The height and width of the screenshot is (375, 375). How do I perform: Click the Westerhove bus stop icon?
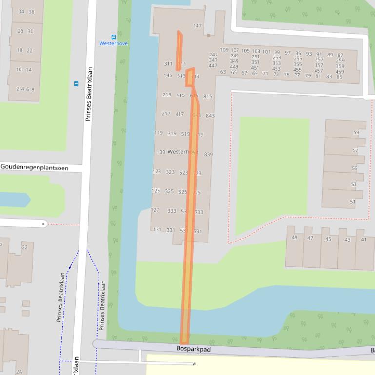coord(114,37)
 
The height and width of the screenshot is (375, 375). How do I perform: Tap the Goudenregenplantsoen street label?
coord(35,167)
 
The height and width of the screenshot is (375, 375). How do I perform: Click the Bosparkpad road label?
coord(193,349)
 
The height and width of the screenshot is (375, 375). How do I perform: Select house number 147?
coord(197,26)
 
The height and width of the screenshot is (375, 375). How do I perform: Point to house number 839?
coord(208,154)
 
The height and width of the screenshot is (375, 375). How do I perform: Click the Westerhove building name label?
coord(182,152)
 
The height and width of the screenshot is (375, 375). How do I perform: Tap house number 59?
coord(356,132)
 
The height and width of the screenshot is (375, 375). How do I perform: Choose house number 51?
coord(353,202)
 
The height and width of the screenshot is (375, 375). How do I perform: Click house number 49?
coord(295,238)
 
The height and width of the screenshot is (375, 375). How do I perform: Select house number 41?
coord(364,239)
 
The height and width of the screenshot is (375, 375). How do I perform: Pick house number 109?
coord(224,50)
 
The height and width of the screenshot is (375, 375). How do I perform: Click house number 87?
coord(340,56)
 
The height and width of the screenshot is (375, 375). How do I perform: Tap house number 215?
coord(167,95)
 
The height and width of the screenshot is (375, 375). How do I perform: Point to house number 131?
coord(157,230)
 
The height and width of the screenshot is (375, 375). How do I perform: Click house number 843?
coord(210,116)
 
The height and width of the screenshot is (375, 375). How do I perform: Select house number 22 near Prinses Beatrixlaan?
coord(25,247)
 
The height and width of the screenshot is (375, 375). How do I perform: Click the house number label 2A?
coord(19,371)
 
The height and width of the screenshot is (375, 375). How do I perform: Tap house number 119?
coord(158,133)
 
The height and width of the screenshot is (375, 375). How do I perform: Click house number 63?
coord(223,72)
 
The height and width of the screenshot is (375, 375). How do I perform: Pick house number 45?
coord(328,239)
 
